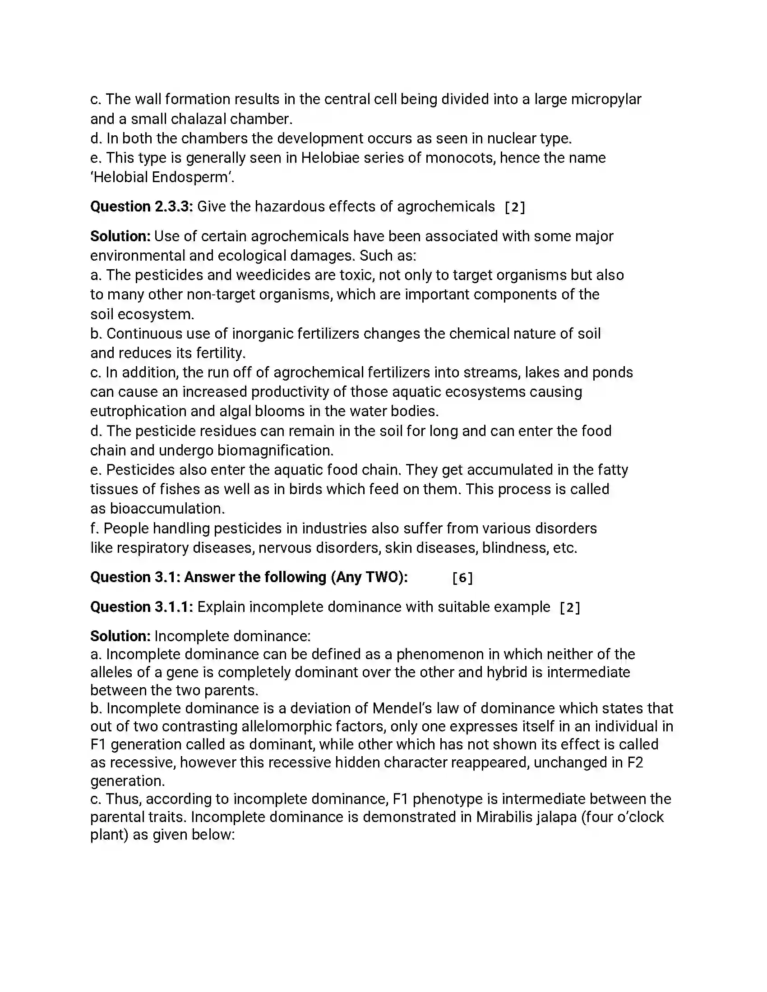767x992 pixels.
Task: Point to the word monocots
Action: pyautogui.click(x=459, y=158)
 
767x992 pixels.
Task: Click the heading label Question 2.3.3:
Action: pyautogui.click(x=142, y=207)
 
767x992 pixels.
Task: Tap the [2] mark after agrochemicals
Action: pyautogui.click(x=515, y=207)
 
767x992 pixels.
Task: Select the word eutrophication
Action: pyautogui.click(x=138, y=412)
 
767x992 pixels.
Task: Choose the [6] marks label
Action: pyautogui.click(x=462, y=578)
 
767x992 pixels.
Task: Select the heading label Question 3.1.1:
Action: pyautogui.click(x=142, y=607)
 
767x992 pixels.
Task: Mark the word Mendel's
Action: pyautogui.click(x=402, y=708)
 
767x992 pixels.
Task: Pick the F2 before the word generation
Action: pyautogui.click(x=635, y=763)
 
